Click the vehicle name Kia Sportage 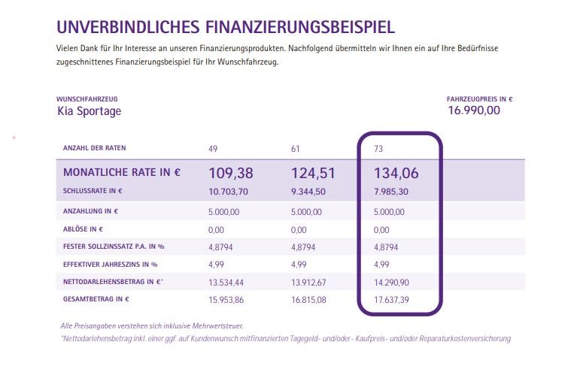[89, 111]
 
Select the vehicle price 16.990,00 [474, 110]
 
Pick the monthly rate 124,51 [313, 173]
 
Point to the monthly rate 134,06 [396, 173]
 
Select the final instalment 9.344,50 [308, 191]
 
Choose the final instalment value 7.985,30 [391, 191]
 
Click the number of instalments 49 [213, 148]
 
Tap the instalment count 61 [295, 148]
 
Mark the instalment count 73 [378, 148]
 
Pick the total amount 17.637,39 [392, 300]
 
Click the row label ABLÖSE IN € [83, 228]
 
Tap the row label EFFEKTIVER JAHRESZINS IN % [111, 264]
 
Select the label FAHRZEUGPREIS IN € [479, 98]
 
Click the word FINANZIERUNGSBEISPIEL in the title [299, 28]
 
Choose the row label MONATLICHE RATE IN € [122, 172]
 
